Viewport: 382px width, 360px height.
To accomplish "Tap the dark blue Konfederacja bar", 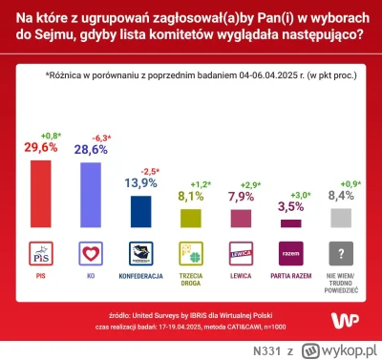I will [x=140, y=211].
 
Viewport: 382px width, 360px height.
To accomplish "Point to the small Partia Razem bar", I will [x=290, y=223].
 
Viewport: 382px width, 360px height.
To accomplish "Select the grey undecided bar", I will [x=341, y=217].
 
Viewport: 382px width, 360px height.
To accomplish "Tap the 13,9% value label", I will [x=140, y=180].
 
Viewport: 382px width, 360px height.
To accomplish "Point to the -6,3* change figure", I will [x=93, y=135].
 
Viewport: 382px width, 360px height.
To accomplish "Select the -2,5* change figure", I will [x=142, y=166].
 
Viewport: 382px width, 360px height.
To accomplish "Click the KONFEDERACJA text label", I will [x=140, y=275].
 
